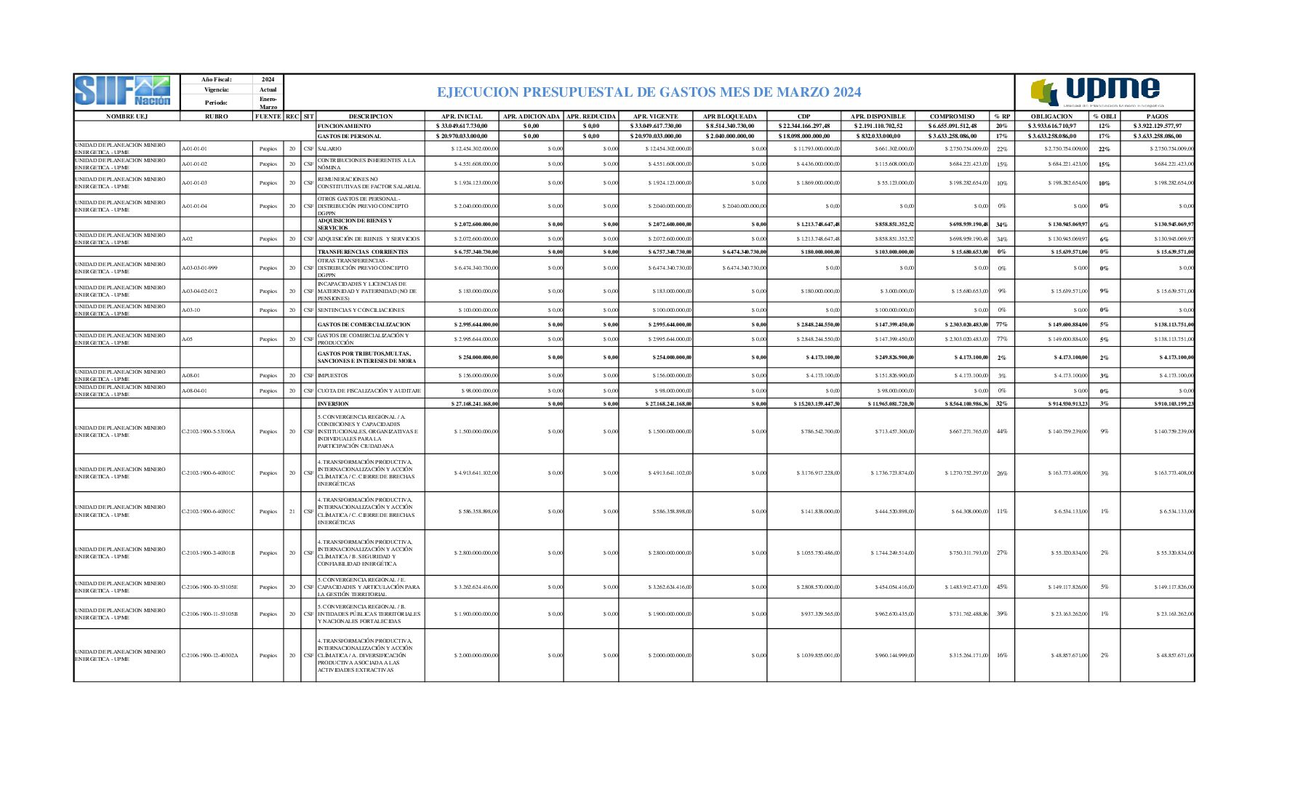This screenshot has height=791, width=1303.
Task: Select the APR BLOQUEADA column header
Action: point(729,116)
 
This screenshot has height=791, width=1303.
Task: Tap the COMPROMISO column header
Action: point(952,116)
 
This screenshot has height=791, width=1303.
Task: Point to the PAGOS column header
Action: point(1157,116)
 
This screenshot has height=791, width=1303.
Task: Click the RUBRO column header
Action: point(216,116)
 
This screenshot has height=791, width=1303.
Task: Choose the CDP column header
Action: point(803,116)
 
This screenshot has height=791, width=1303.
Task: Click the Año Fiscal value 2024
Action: point(268,79)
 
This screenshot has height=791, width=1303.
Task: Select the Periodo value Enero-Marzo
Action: point(268,103)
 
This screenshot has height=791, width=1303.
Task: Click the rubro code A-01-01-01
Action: point(194,149)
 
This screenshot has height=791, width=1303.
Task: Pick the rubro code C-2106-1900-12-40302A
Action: point(209,656)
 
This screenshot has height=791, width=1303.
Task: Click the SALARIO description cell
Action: point(329,149)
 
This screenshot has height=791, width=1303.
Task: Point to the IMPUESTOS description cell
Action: point(332,376)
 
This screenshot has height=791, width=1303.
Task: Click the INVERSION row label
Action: point(333,403)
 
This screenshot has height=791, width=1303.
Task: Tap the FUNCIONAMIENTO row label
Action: point(344,127)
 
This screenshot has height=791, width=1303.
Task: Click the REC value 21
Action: point(292,512)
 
